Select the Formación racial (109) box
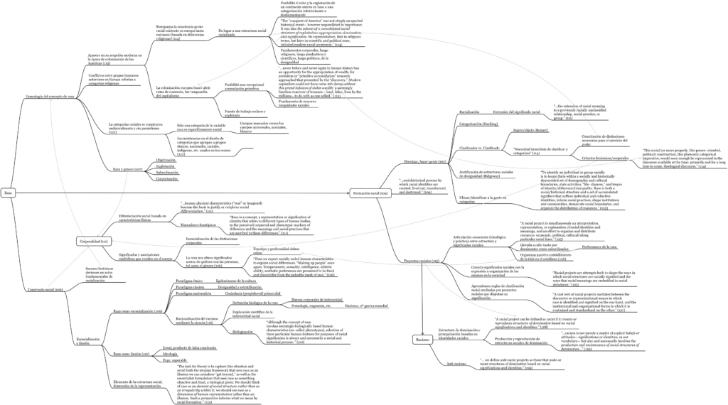(369, 193)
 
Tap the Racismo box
(422, 341)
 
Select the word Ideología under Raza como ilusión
(171, 353)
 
